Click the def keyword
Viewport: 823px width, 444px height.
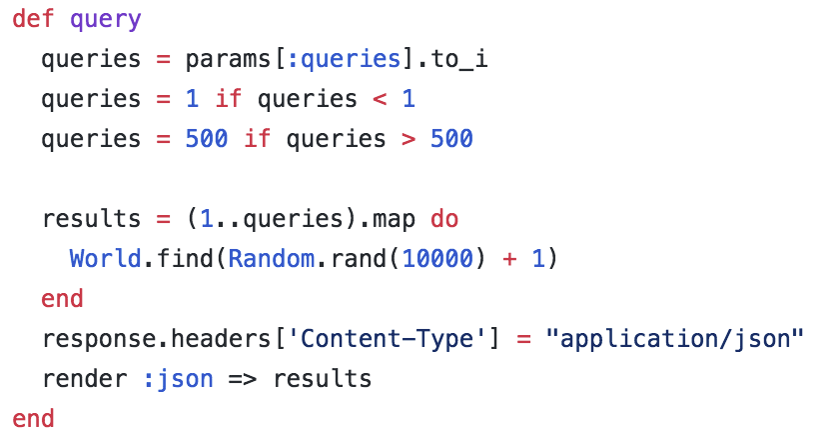point(33,18)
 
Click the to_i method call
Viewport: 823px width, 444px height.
point(459,59)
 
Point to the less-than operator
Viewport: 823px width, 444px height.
point(380,99)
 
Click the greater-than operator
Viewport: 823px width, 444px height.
point(409,139)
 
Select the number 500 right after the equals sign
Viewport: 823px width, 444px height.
point(207,139)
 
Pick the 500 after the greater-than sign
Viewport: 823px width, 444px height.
point(451,139)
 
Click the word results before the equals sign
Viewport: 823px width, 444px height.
point(91,219)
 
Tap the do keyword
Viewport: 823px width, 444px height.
point(444,219)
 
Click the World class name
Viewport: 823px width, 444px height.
point(105,259)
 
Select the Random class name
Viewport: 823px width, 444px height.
point(271,259)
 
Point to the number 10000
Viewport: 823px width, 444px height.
point(437,259)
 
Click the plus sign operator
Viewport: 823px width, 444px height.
point(509,259)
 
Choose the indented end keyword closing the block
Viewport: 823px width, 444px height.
point(62,299)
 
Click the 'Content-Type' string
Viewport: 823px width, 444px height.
point(387,339)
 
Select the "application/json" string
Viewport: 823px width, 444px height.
point(674,339)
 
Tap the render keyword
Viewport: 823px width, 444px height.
point(84,379)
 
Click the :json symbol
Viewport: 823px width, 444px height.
point(178,379)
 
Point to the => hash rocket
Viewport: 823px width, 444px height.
point(243,379)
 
